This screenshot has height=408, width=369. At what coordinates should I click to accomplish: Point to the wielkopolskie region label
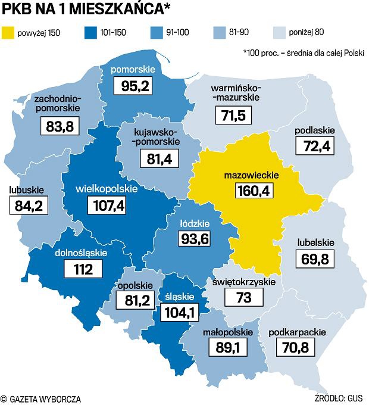click(107, 189)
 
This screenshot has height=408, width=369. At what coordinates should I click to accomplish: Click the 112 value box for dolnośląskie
click(80, 269)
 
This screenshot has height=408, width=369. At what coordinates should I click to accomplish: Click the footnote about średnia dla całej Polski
click(304, 52)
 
